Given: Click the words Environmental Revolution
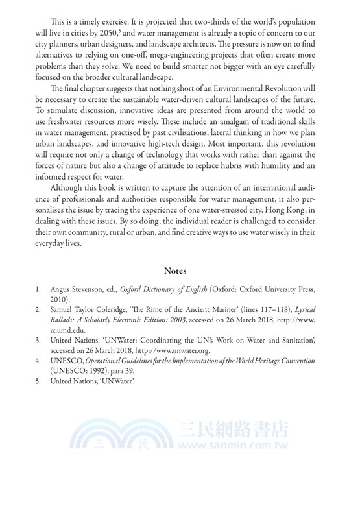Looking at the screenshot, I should (x=262, y=90).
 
